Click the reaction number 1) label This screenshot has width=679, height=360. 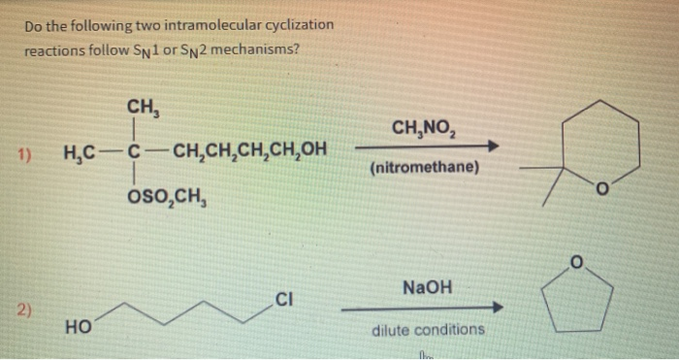pyautogui.click(x=26, y=153)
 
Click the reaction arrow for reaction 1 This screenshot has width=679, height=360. pyautogui.click(x=427, y=147)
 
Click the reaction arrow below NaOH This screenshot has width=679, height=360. pyautogui.click(x=423, y=309)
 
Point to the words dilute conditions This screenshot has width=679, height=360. pyautogui.click(x=428, y=330)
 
